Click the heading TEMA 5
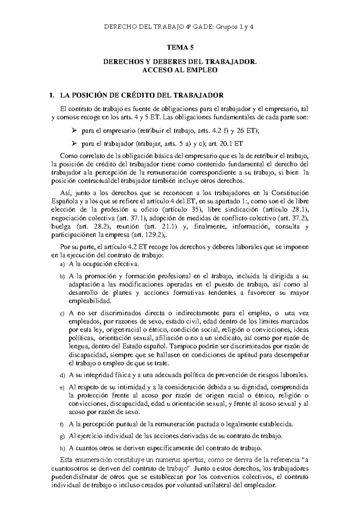180,47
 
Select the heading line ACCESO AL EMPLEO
180,70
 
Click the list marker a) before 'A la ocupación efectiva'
62,265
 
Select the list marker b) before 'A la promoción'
62,276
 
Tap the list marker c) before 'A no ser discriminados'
62,314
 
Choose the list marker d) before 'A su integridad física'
62,375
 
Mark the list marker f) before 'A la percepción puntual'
62,425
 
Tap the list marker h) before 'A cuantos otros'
62,449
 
